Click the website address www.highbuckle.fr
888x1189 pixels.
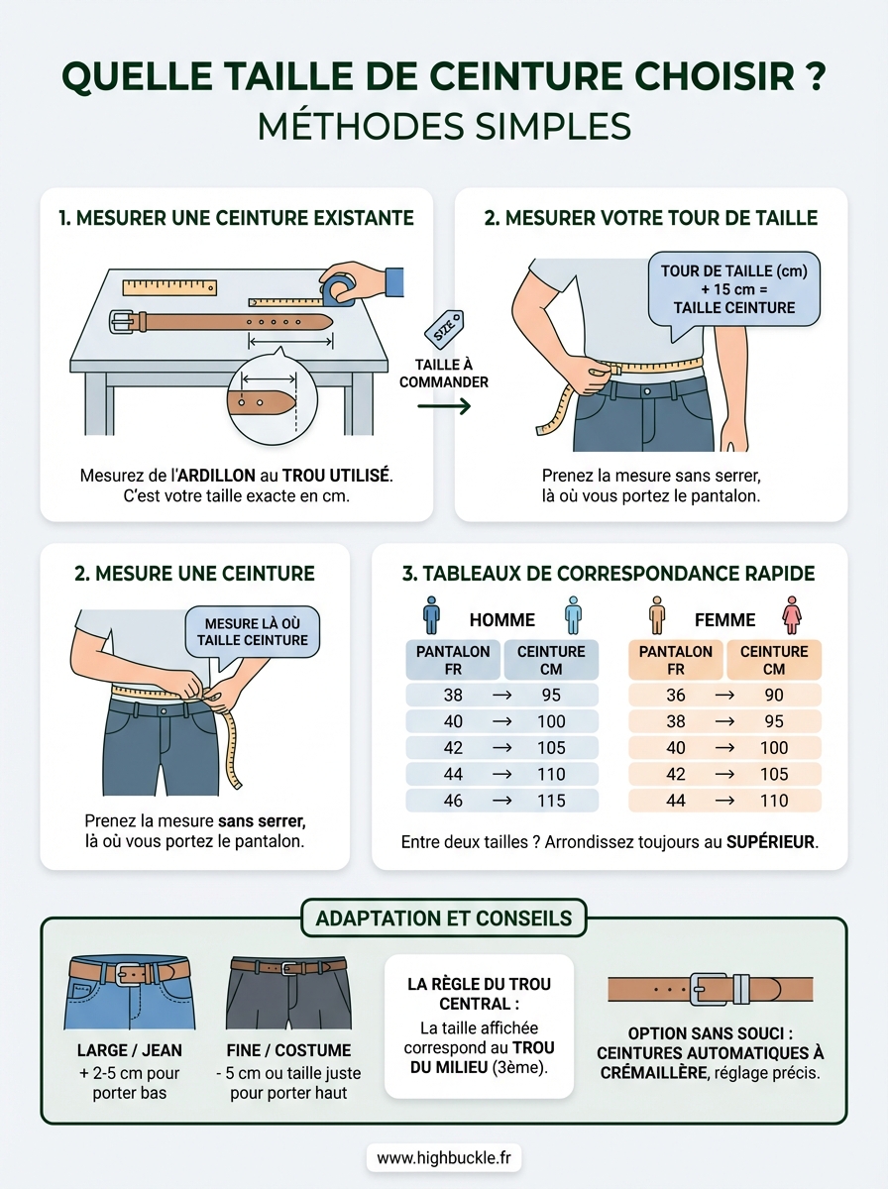pyautogui.click(x=443, y=1157)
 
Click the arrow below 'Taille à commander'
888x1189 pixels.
pyautogui.click(x=444, y=405)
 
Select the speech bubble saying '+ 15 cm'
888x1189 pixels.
pyautogui.click(x=733, y=288)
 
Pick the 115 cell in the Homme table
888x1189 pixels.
pyautogui.click(x=551, y=801)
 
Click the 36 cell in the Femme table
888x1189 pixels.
pyautogui.click(x=675, y=695)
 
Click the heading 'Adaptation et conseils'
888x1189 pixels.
pyautogui.click(x=443, y=919)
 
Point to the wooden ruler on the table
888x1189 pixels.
pyautogui.click(x=169, y=287)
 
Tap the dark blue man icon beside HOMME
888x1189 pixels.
pyautogui.click(x=430, y=615)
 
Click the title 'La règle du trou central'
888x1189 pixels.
pyautogui.click(x=479, y=994)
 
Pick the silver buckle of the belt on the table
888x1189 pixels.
pyautogui.click(x=123, y=322)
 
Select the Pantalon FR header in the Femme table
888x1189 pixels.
pyautogui.click(x=675, y=660)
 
